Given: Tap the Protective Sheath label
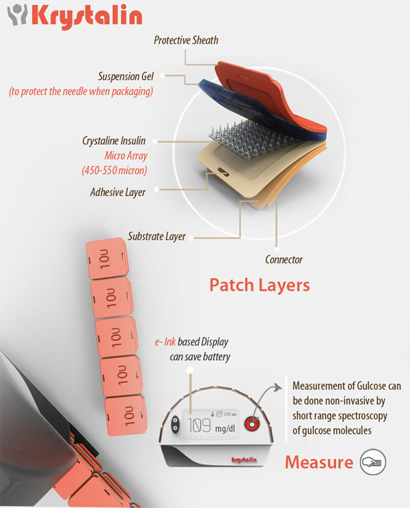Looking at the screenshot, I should tap(187, 40).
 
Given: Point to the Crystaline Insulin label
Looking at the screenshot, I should tap(114, 141).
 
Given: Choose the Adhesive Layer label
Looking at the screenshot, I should tap(118, 192).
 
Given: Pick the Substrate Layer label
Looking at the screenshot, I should tap(157, 237).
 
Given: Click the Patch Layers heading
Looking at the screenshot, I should tap(259, 283).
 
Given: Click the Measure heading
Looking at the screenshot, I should tap(318, 462).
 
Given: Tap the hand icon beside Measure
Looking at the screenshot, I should tap(372, 462).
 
